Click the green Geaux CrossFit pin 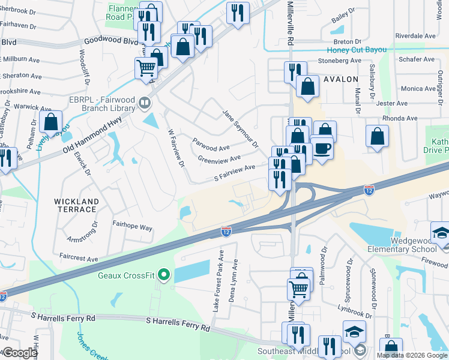click(163, 275)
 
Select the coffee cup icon click(322, 148)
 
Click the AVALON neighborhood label click(340, 79)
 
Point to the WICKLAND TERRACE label click(76, 205)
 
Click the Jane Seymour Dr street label click(240, 128)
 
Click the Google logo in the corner click(19, 353)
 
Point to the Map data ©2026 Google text click(412, 355)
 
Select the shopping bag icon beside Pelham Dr click(51, 122)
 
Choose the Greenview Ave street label click(219, 158)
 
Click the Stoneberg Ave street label click(340, 61)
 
